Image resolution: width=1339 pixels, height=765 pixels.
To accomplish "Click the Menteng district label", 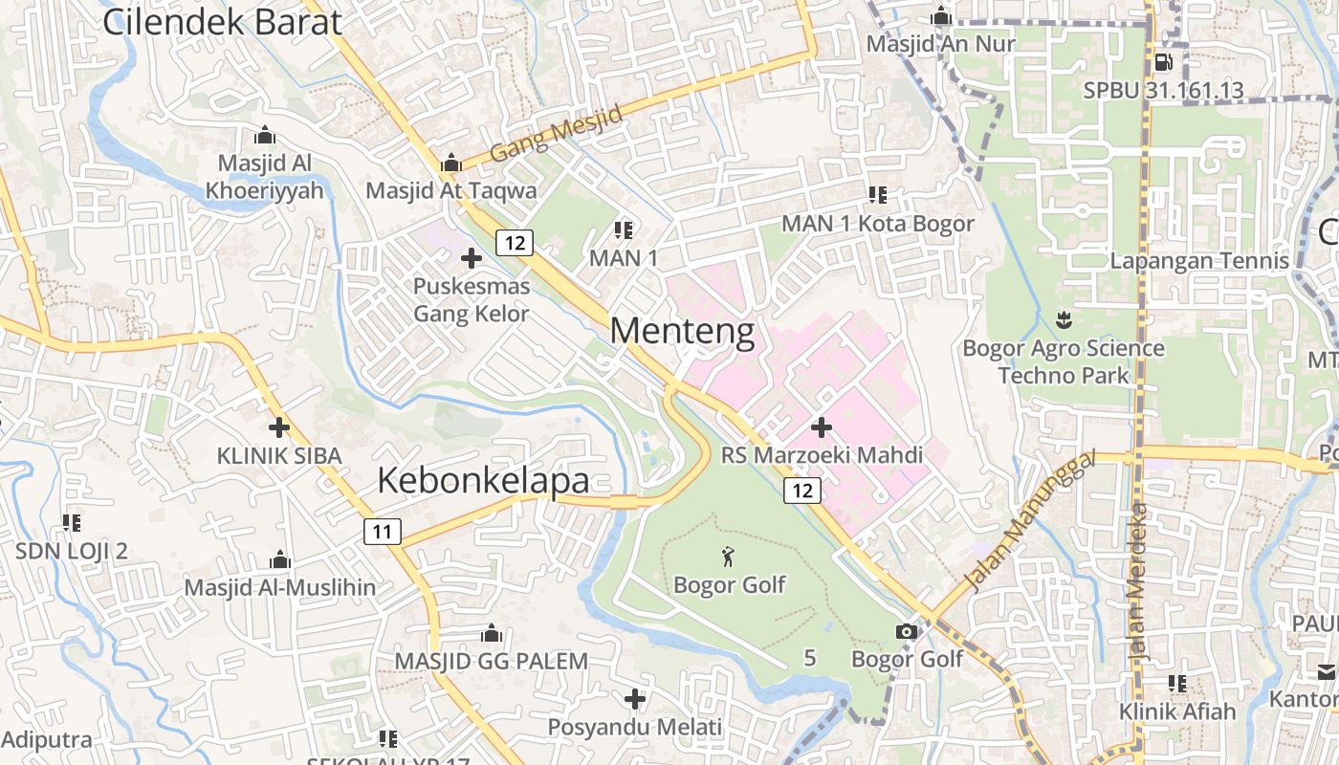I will click(682, 331).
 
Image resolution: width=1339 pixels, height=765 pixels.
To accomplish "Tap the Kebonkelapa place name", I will click(482, 480).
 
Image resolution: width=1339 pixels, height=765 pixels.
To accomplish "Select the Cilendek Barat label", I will click(222, 21).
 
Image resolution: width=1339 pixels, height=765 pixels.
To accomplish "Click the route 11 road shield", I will click(382, 532).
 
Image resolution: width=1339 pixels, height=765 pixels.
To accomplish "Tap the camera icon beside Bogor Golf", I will click(906, 631).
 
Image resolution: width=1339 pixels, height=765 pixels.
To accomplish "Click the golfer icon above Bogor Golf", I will click(729, 555).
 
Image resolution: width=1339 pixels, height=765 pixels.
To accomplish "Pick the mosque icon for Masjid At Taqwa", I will click(451, 164).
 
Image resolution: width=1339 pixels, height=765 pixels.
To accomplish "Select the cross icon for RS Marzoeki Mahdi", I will click(822, 426).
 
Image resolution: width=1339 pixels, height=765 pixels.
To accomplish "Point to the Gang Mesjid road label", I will click(556, 133).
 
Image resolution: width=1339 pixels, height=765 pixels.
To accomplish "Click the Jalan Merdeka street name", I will click(1137, 579).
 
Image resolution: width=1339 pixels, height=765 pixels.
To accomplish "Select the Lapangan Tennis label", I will click(1199, 260).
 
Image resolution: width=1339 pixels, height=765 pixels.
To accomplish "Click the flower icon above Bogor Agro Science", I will click(1063, 318).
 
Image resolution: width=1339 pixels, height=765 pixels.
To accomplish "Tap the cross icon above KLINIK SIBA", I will click(278, 427).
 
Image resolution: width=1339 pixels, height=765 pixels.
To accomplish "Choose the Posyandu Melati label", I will click(635, 728).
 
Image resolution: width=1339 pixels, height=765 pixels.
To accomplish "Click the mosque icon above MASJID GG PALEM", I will click(492, 633).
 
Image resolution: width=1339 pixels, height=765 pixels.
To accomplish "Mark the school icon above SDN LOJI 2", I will click(72, 522).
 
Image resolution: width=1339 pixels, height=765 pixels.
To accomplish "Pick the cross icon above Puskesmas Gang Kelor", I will click(472, 257).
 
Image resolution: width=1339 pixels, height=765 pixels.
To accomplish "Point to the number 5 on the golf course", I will click(810, 658).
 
